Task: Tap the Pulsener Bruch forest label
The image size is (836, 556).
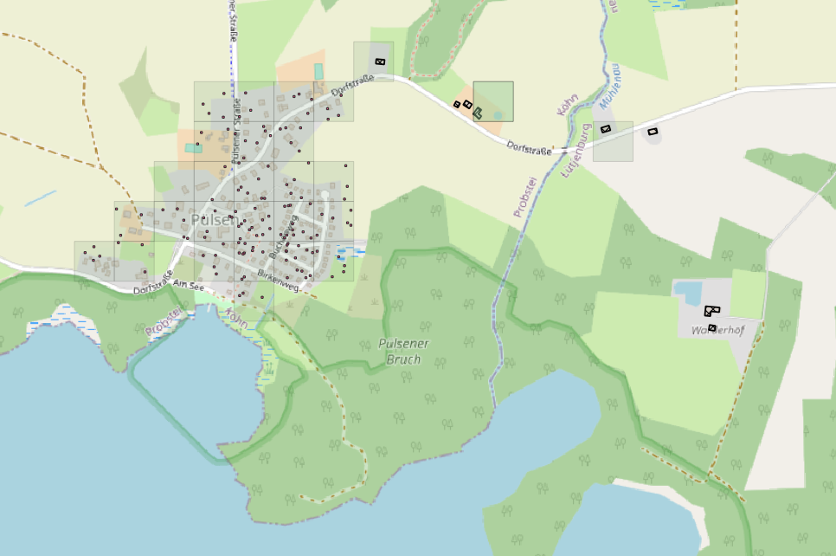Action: (x=403, y=351)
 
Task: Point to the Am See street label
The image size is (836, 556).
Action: (x=186, y=284)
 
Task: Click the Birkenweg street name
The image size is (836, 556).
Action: (x=278, y=281)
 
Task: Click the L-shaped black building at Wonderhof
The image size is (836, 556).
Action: (x=711, y=309)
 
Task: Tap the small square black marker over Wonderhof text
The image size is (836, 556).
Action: (x=712, y=327)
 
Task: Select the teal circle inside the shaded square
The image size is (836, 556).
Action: (x=498, y=114)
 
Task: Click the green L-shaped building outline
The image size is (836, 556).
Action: (x=479, y=112)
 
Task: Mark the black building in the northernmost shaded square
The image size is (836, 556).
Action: (x=380, y=61)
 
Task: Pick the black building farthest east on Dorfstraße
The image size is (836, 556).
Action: (x=653, y=132)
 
